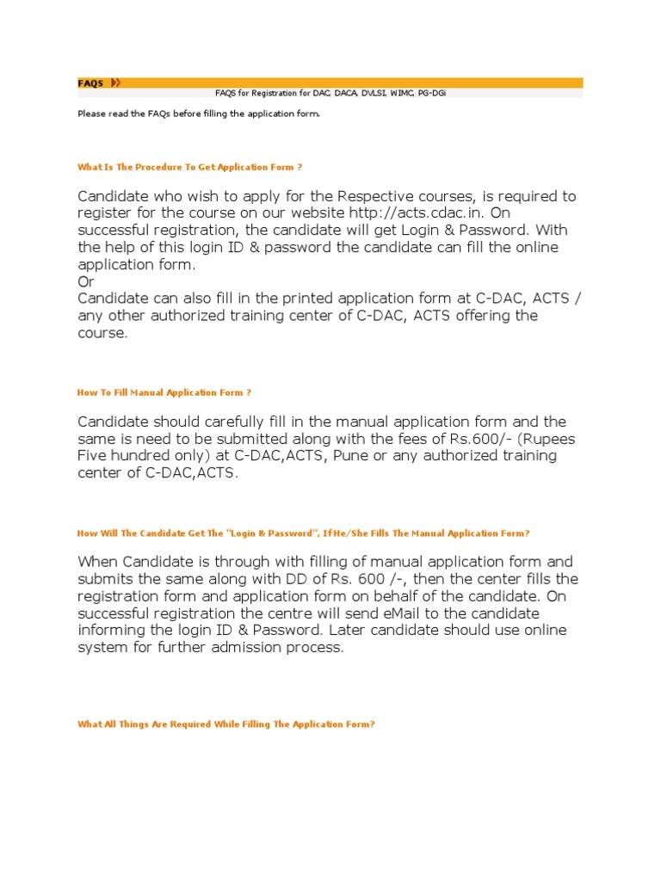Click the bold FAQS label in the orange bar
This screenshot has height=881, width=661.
click(x=90, y=83)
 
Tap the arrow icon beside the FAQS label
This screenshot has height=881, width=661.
click(x=115, y=83)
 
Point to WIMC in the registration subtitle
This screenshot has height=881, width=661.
click(x=400, y=93)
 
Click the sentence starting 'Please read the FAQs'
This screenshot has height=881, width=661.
click(x=198, y=113)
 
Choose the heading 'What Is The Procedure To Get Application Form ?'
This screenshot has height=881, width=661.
click(x=189, y=166)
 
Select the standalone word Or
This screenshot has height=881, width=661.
click(x=85, y=281)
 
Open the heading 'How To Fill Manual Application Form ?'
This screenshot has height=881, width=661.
click(x=164, y=392)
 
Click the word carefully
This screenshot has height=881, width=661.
click(x=233, y=422)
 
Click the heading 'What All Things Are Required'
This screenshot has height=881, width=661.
click(x=225, y=724)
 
